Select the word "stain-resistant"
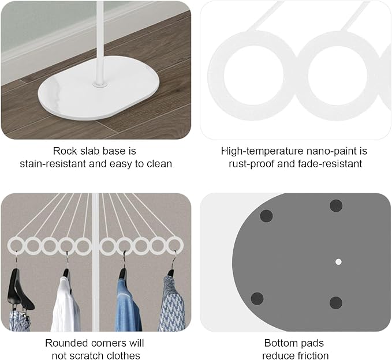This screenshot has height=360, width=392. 53,164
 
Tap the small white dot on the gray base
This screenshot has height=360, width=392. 338,262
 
